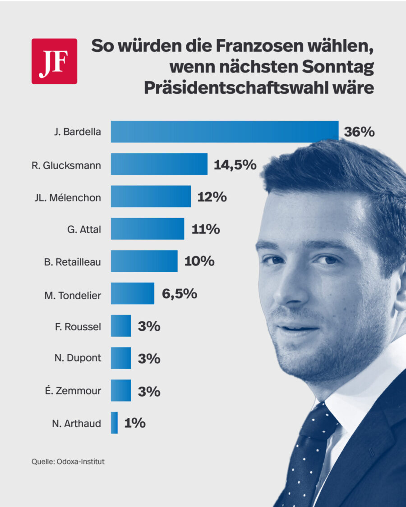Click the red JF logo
pyautogui.click(x=54, y=61)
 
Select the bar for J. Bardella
pyautogui.click(x=224, y=132)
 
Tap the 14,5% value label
pyautogui.click(x=235, y=164)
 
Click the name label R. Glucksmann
pyautogui.click(x=66, y=165)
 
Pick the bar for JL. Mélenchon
pyautogui.click(x=151, y=196)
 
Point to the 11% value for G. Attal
pyautogui.click(x=205, y=229)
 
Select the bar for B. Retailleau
pyautogui.click(x=144, y=261)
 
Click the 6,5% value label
pyautogui.click(x=179, y=294)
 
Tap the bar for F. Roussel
pyautogui.click(x=121, y=326)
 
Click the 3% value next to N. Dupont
pyautogui.click(x=149, y=359)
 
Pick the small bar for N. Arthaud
pyautogui.click(x=114, y=423)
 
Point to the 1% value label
pyautogui.click(x=134, y=423)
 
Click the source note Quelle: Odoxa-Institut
pyautogui.click(x=68, y=461)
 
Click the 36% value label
pyautogui.click(x=359, y=132)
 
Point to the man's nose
pyautogui.click(x=293, y=288)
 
